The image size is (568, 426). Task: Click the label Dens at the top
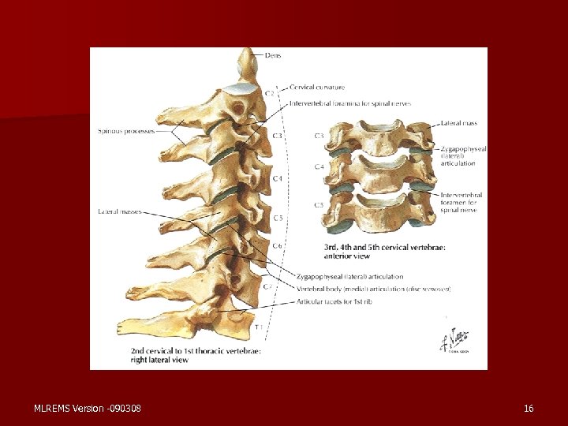click(x=273, y=56)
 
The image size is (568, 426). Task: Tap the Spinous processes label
click(x=126, y=131)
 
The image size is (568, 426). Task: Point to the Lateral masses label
click(x=119, y=211)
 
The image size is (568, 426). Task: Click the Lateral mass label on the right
click(x=459, y=124)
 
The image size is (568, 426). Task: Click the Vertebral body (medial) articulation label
click(x=373, y=290)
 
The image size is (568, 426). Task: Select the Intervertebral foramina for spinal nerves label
click(x=349, y=103)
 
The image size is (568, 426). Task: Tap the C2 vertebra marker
click(x=269, y=93)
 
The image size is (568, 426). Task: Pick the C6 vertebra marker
click(x=278, y=246)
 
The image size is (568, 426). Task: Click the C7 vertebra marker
click(x=268, y=286)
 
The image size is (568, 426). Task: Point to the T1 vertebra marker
click(x=258, y=326)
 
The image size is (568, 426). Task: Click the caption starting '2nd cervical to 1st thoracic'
click(x=196, y=350)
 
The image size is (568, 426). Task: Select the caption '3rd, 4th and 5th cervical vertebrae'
click(x=384, y=247)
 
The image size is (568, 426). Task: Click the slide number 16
click(x=529, y=408)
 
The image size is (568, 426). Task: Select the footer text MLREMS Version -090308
click(x=88, y=408)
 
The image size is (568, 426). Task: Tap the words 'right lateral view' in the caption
click(x=160, y=360)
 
